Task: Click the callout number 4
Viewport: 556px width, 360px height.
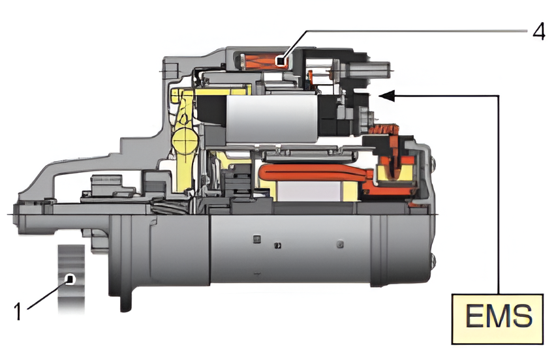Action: (539, 33)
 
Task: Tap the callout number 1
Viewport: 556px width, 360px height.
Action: (18, 311)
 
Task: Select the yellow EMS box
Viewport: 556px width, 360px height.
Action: (497, 318)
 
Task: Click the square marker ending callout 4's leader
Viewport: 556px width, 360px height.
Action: (281, 62)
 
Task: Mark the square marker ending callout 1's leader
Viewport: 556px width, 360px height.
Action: (70, 279)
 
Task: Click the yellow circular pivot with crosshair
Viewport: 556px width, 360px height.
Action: (185, 140)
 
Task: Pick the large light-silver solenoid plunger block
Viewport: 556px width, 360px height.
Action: (271, 119)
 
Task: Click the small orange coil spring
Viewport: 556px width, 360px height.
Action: (383, 129)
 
